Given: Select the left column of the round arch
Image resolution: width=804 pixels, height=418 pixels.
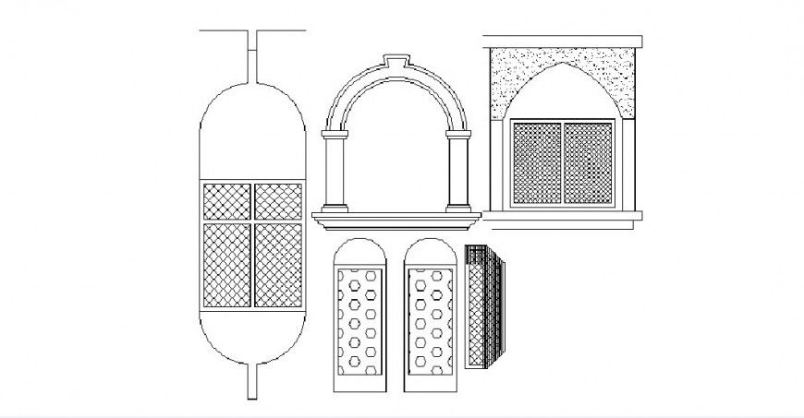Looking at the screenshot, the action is click(334, 172).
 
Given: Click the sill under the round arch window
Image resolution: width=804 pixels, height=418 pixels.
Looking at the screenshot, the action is click(397, 218).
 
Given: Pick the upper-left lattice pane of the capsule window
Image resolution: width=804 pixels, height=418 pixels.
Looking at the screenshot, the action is click(225, 200).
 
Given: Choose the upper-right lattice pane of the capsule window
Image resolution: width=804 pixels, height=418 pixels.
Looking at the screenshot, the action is click(278, 200).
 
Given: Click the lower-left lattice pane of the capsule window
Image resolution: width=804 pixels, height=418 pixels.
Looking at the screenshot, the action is click(225, 265).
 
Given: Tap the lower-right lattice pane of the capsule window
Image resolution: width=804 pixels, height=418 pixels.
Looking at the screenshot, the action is click(278, 265).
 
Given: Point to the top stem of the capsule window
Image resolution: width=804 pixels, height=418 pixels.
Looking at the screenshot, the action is click(251, 60).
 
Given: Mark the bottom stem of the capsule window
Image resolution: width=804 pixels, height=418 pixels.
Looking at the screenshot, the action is click(251, 380).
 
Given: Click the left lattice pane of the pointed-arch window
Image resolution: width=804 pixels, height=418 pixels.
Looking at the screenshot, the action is click(537, 163).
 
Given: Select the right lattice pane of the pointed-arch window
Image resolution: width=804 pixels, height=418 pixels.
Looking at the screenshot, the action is click(588, 163).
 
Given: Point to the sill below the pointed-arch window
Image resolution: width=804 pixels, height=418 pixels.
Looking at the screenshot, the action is click(563, 218).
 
